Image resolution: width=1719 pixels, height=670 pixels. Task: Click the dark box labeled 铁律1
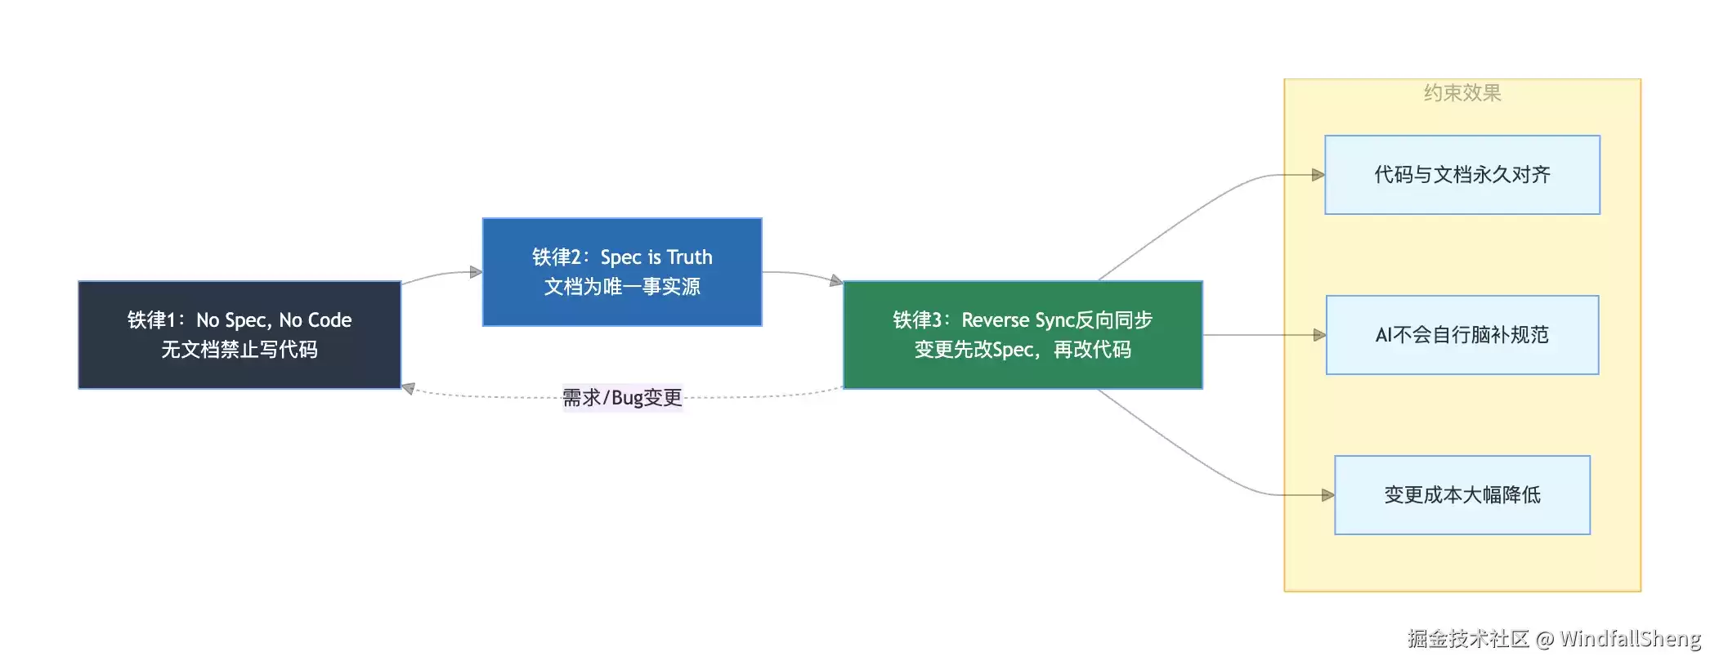[x=239, y=335]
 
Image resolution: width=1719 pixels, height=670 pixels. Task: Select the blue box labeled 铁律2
[x=622, y=272]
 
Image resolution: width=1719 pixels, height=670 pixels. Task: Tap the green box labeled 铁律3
[x=1023, y=335]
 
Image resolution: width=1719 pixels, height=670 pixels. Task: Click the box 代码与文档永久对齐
[x=1462, y=175]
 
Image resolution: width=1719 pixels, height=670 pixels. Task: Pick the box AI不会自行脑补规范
[x=1462, y=335]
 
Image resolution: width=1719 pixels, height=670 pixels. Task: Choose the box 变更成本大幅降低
[x=1462, y=495]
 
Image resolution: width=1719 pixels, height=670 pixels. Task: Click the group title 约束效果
[x=1462, y=93]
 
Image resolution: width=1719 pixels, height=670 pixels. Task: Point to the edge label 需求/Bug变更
[x=622, y=398]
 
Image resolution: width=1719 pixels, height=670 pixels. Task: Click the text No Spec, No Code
[x=274, y=320]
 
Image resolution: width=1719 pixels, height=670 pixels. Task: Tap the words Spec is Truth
[x=656, y=257]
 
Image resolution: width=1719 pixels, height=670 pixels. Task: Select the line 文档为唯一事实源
[x=622, y=287]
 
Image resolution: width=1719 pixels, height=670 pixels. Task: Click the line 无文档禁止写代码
[x=239, y=350]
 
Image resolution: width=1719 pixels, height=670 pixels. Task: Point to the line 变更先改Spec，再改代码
[x=1023, y=350]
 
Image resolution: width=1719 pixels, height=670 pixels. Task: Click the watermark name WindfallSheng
[x=1630, y=639]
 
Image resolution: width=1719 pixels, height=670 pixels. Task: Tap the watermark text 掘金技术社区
[x=1468, y=639]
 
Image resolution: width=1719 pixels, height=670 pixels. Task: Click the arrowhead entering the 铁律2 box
[x=477, y=272]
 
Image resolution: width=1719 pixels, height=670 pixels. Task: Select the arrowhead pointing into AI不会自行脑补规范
[x=1319, y=335]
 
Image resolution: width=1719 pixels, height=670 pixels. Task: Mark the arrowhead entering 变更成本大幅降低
[x=1328, y=495]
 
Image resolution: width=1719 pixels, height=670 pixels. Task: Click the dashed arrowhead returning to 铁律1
[x=408, y=388]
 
